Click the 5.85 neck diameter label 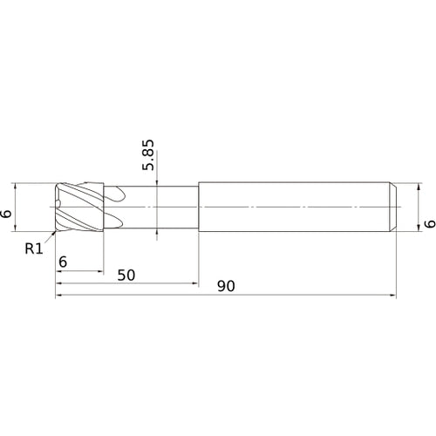point(148,155)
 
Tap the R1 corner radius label point(34,249)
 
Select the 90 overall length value point(226,286)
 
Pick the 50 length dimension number point(126,275)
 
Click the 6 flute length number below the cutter point(63,262)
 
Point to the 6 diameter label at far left point(6,214)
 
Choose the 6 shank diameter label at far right point(430,223)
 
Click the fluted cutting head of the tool point(79,207)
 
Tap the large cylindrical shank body point(294,207)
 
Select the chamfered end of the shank point(392,207)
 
